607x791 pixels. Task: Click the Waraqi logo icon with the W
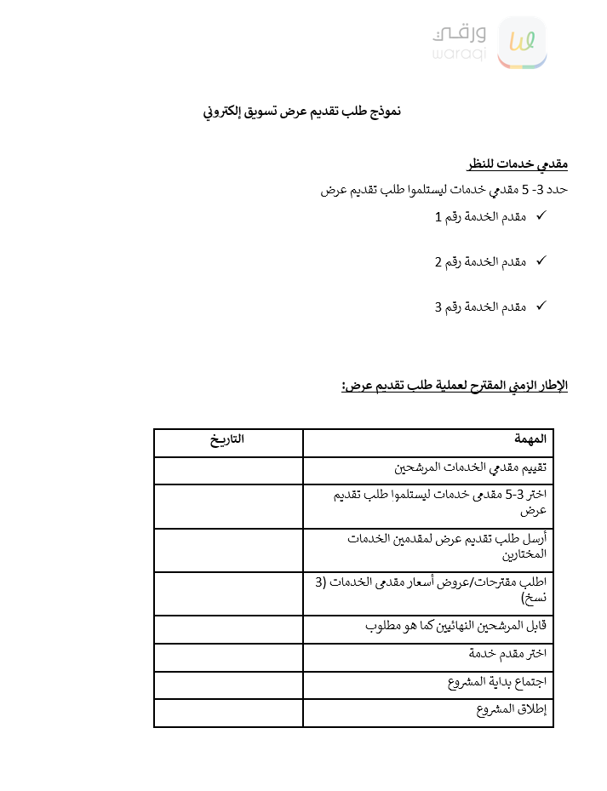(x=521, y=42)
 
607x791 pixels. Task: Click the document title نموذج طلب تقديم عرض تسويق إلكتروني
(x=302, y=112)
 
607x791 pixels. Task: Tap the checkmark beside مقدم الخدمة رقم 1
(x=541, y=216)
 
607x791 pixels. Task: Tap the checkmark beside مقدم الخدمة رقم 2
(x=541, y=261)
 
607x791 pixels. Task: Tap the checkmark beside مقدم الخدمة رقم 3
(x=541, y=305)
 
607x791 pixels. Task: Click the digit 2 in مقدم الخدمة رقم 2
(x=438, y=261)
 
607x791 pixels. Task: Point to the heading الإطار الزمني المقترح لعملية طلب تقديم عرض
(x=455, y=386)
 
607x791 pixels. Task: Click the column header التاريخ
(x=227, y=440)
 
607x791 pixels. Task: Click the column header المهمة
(x=530, y=440)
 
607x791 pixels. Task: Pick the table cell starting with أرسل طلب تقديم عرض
(x=447, y=546)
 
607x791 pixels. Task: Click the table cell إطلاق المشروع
(x=512, y=710)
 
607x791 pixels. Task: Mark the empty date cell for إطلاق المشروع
(x=228, y=714)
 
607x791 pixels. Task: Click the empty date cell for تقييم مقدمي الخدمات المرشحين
(x=228, y=470)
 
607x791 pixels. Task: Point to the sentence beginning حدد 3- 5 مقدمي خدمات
(x=444, y=190)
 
